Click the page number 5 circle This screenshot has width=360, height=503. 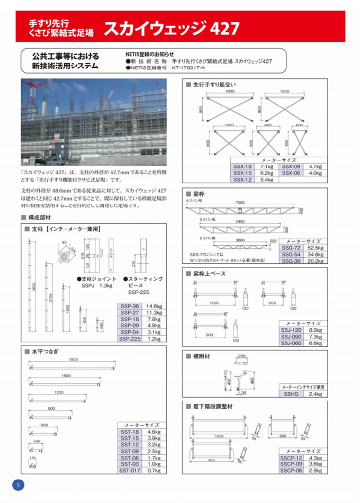click(17, 485)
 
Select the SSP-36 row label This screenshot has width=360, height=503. click(129, 306)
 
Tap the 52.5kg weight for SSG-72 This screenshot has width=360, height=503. click(316, 248)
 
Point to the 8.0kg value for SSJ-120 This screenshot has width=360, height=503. click(315, 329)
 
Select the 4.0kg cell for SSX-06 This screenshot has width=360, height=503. click(316, 173)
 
